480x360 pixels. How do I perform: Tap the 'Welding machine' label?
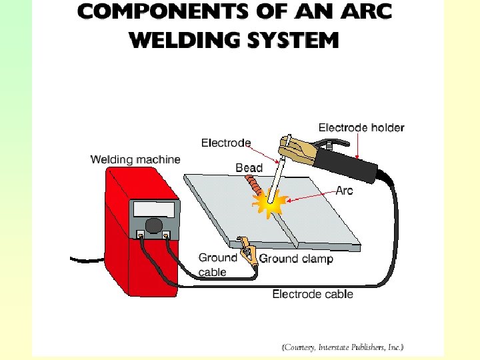tap(135, 160)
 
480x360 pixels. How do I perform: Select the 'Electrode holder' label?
tap(361, 127)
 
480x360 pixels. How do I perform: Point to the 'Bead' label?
tap(249, 168)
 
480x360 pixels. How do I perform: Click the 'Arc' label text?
tap(344, 191)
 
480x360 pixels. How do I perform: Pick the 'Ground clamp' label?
tap(295, 259)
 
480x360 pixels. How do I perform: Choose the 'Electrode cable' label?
tap(313, 294)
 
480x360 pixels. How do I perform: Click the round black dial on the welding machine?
tap(155, 225)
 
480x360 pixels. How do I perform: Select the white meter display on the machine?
tap(154, 209)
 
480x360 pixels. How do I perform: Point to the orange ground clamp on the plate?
tap(249, 254)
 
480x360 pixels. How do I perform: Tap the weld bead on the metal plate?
tap(254, 185)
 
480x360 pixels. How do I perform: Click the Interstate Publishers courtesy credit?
tap(342, 347)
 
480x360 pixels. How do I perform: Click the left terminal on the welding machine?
tap(141, 235)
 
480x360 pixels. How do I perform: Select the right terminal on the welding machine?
tap(166, 235)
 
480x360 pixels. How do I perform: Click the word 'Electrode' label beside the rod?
tap(226, 143)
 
